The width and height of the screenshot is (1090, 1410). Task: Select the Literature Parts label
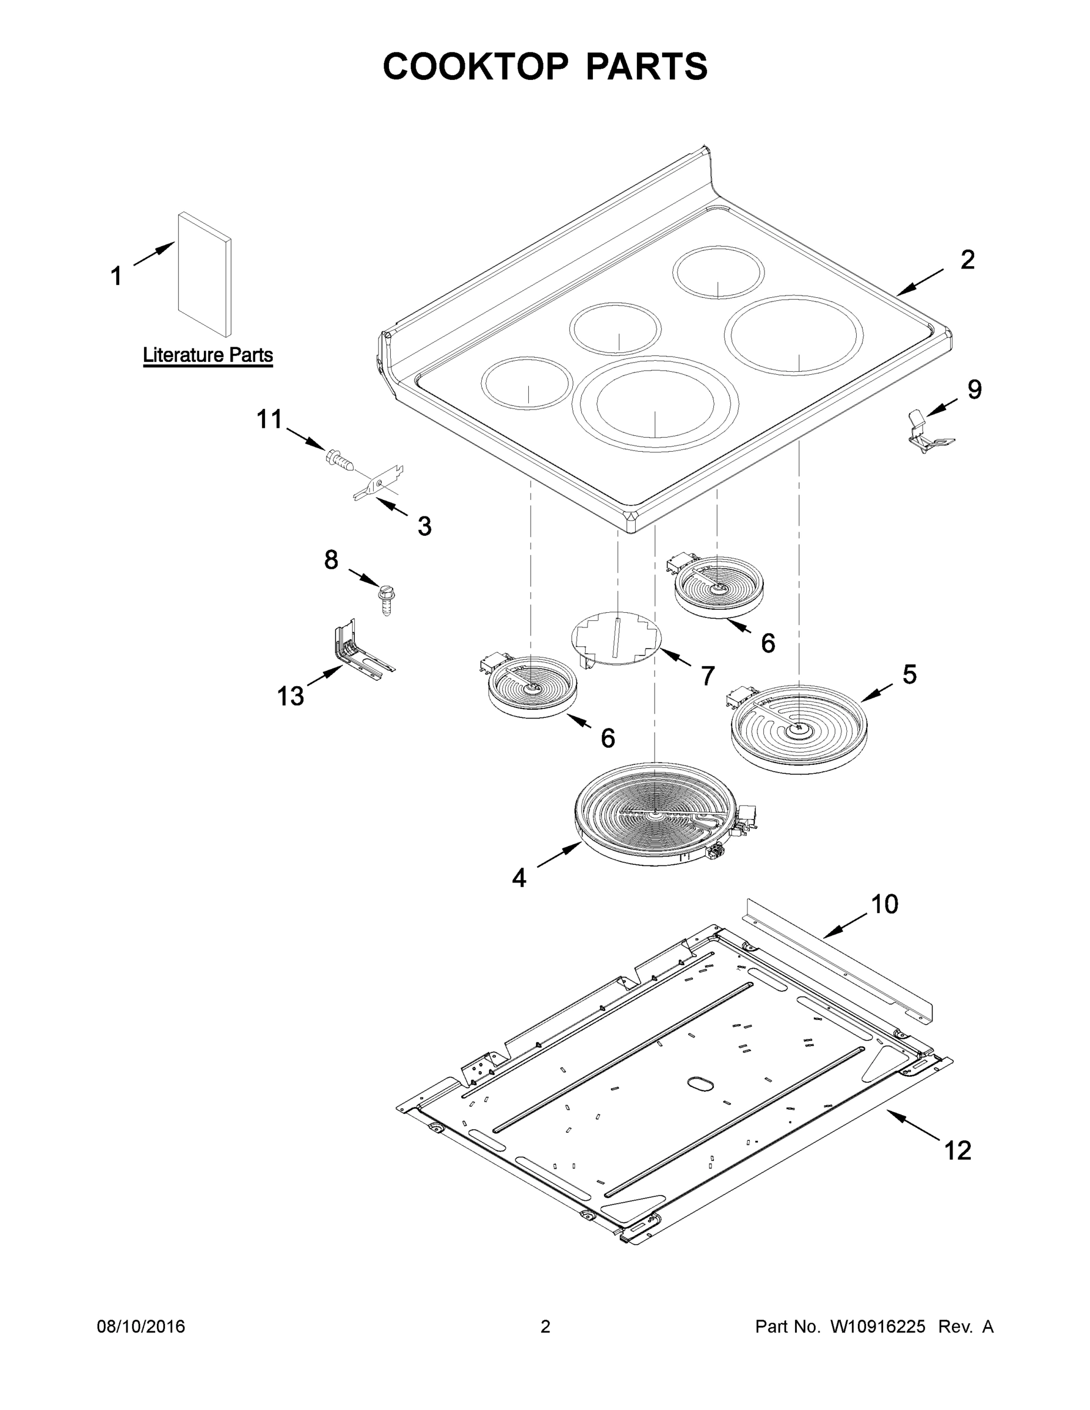pos(207,354)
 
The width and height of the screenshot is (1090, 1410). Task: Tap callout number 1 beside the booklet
pos(116,276)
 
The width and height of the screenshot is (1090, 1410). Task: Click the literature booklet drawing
pos(204,274)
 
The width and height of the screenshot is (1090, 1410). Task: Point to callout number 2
pos(967,260)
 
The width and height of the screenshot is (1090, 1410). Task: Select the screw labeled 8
pos(386,599)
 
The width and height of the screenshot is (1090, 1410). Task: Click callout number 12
pos(957,1150)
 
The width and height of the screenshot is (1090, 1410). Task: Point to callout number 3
pos(424,526)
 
